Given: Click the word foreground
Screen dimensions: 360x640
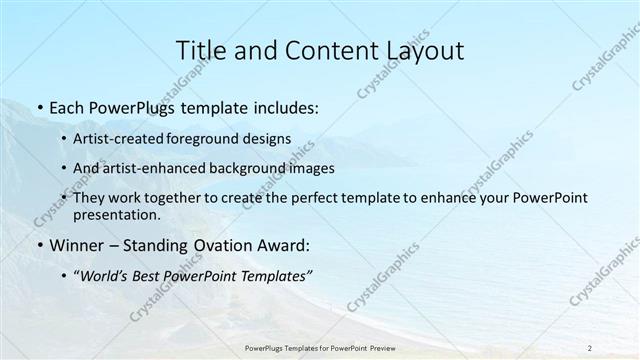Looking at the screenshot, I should click(x=222, y=140).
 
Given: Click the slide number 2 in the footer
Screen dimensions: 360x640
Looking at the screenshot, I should click(x=589, y=347).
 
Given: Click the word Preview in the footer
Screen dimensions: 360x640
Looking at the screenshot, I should click(x=394, y=347).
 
